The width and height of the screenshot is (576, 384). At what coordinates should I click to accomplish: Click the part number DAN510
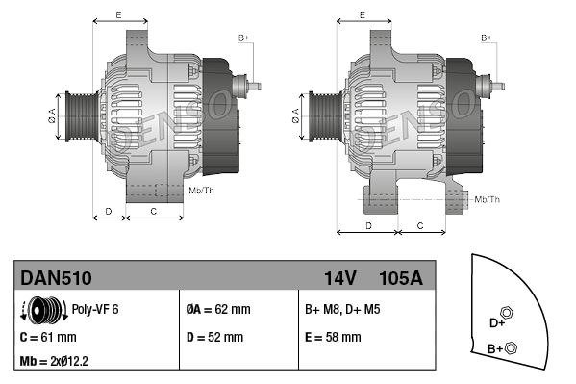[x=56, y=278]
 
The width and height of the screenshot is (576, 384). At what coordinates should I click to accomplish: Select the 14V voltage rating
[x=339, y=278]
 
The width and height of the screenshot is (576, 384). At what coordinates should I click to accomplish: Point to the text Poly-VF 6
[x=95, y=310]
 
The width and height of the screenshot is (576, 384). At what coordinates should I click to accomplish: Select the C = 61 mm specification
[x=48, y=338]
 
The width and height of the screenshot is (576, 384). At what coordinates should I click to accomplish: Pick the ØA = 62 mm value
[x=217, y=310]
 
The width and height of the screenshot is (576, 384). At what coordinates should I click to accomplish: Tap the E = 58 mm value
[x=333, y=338]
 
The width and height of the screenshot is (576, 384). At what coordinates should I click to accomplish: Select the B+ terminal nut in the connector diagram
[x=511, y=347]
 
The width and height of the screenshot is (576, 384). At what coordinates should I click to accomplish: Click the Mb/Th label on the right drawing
[x=488, y=199]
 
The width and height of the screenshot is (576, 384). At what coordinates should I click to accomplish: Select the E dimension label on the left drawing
[x=118, y=14]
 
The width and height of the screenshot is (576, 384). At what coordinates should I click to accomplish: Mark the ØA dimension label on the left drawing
[x=52, y=116]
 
